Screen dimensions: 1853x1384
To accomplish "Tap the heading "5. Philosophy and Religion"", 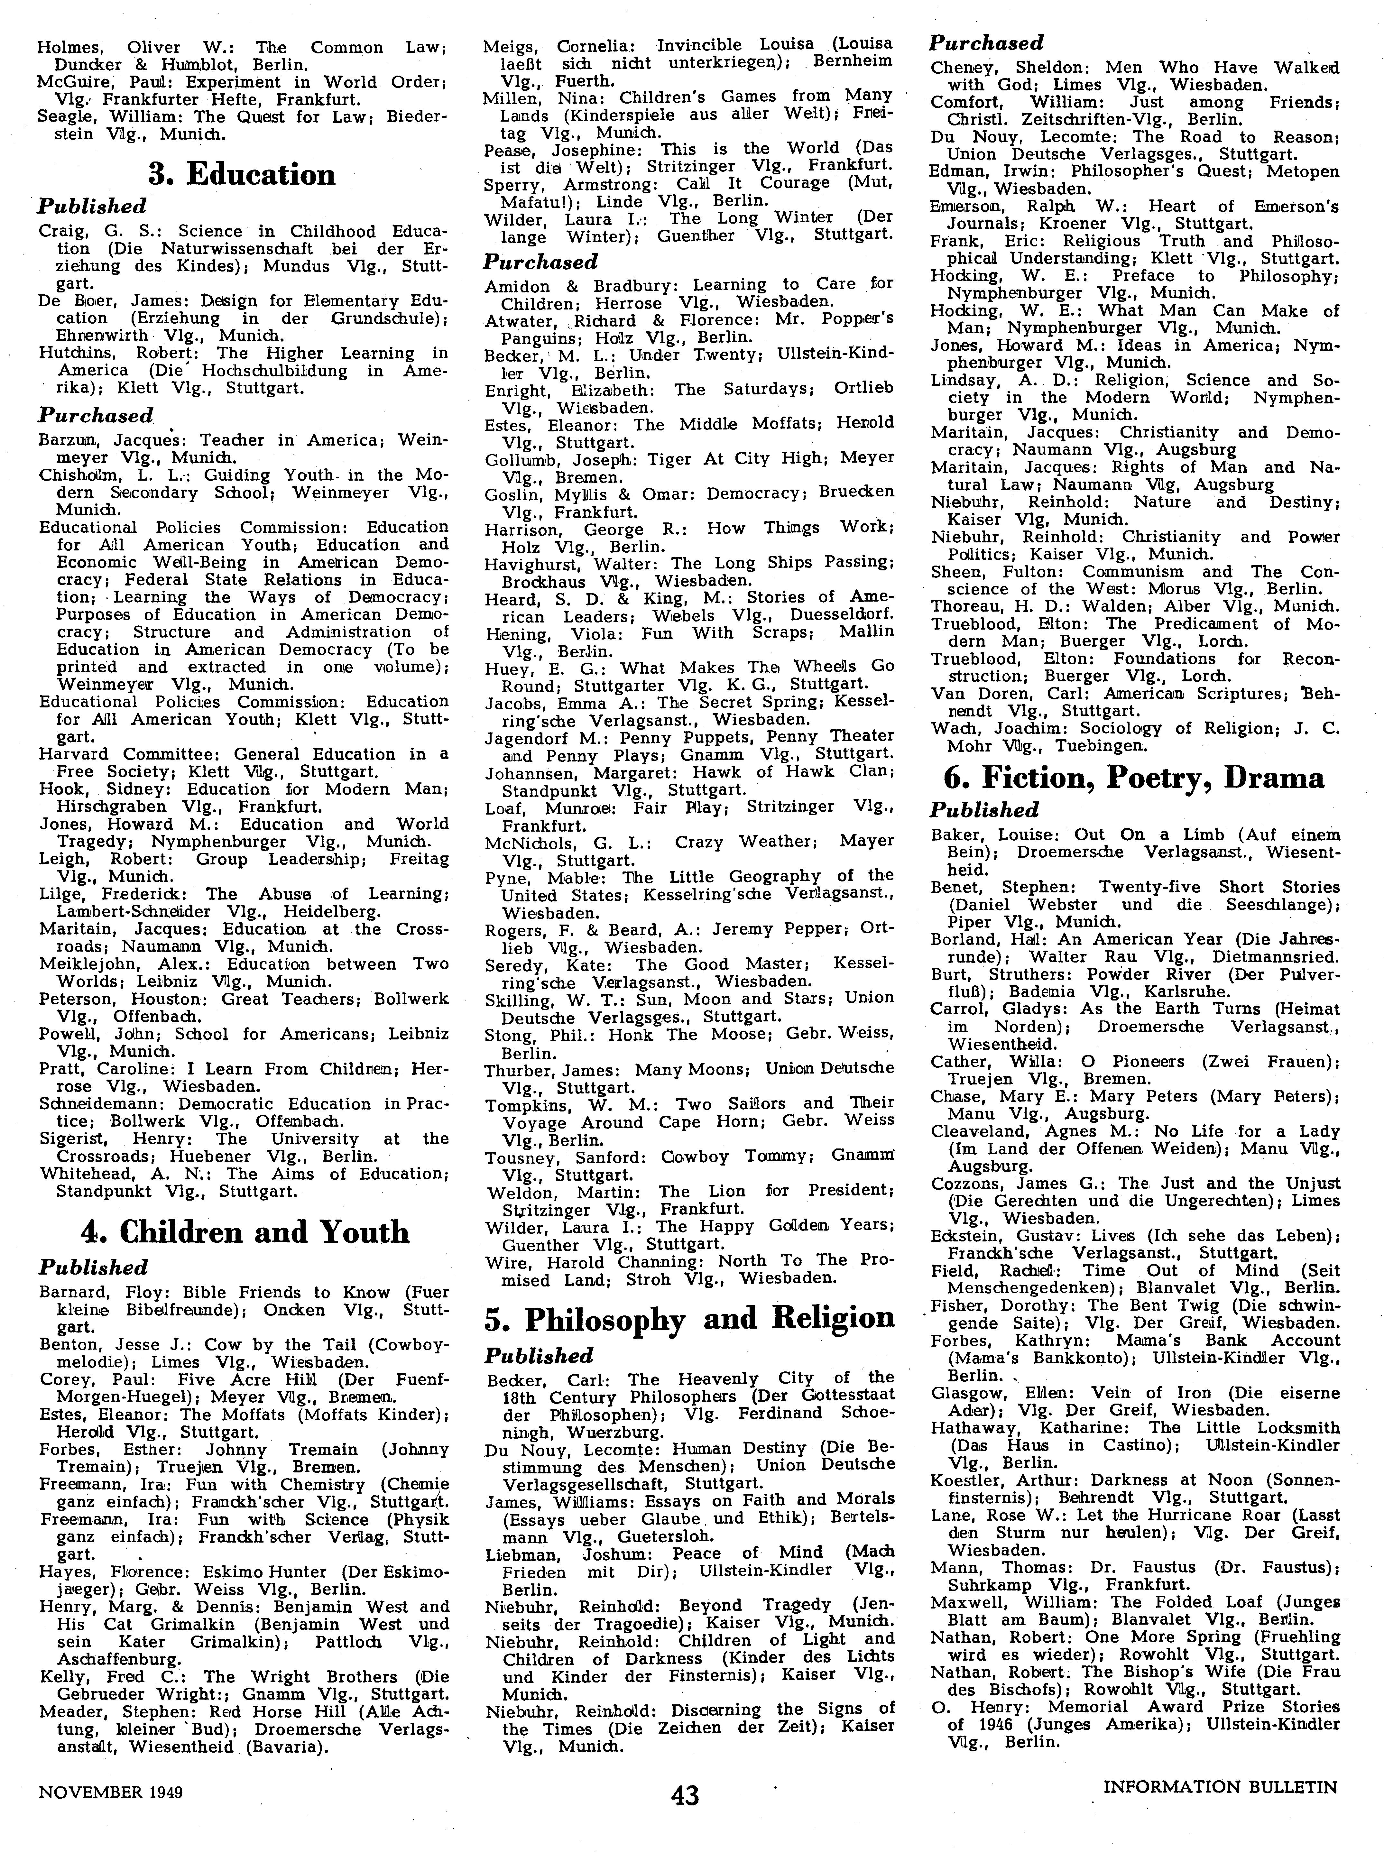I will pos(689,1318).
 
